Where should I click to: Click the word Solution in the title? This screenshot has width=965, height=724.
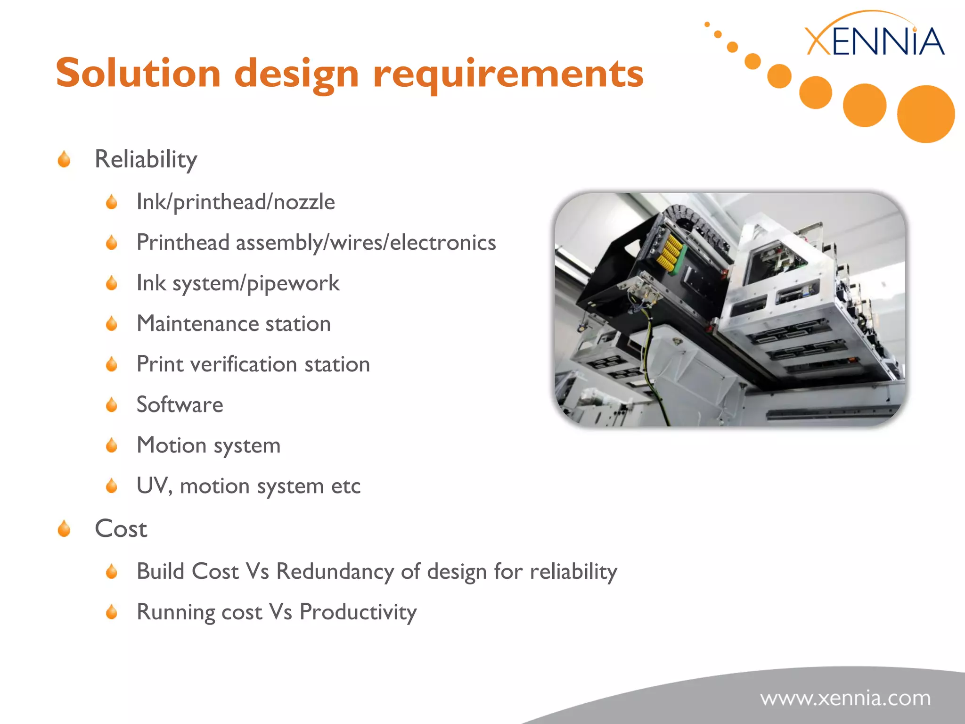138,74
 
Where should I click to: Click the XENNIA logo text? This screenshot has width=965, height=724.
875,41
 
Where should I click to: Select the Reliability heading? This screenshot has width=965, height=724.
146,159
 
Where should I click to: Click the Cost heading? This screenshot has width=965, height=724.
121,529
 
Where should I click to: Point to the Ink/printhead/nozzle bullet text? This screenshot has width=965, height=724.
236,202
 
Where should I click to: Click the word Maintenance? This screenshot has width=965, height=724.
197,324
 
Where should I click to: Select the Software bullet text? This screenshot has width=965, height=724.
180,405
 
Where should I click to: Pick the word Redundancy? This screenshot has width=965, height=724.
335,572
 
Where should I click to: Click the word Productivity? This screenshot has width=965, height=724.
358,612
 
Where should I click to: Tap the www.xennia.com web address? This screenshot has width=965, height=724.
845,698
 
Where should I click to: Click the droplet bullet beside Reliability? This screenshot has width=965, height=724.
64,159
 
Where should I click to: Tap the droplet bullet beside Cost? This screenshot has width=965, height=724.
64,529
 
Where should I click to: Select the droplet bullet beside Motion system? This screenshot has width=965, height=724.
112,445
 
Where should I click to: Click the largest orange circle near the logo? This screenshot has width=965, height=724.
925,114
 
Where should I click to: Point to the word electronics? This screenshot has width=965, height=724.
442,243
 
